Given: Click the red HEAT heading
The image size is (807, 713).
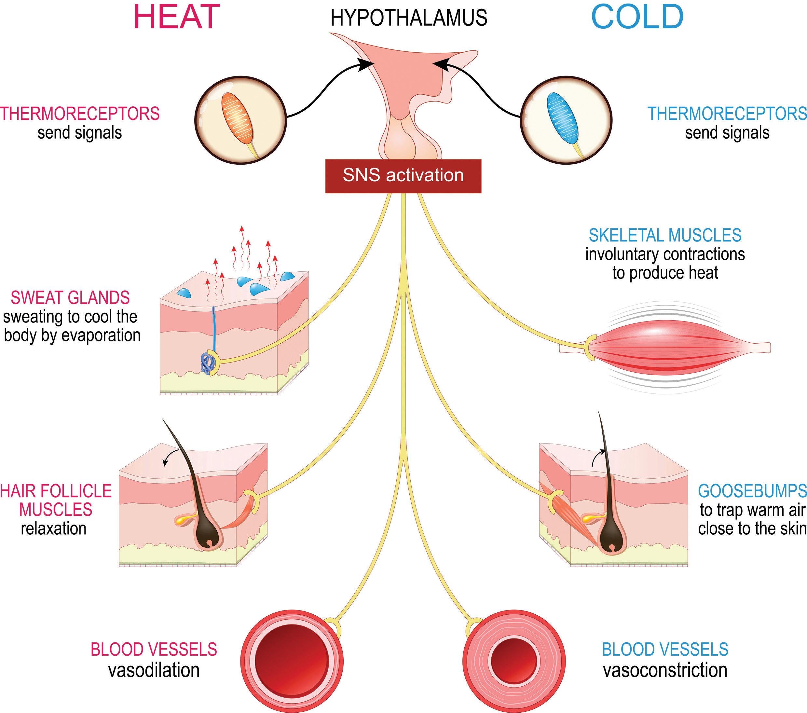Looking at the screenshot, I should click(176, 17).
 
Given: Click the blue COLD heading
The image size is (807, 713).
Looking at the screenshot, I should click(637, 17).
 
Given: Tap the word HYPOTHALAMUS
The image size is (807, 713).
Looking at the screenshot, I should click(409, 18).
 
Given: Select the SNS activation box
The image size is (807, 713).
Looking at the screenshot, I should click(403, 176).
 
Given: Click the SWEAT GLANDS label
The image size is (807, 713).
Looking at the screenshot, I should click(70, 298).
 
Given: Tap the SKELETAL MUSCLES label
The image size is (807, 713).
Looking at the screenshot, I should click(665, 236).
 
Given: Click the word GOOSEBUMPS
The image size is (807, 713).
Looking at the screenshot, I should click(752, 491).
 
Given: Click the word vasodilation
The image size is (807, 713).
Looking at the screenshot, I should click(154, 670).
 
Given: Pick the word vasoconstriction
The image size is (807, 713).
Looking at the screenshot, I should click(665, 670).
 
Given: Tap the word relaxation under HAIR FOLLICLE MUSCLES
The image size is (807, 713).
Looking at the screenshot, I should click(54, 528).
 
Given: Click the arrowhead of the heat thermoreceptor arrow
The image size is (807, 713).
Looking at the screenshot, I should click(369, 65).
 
